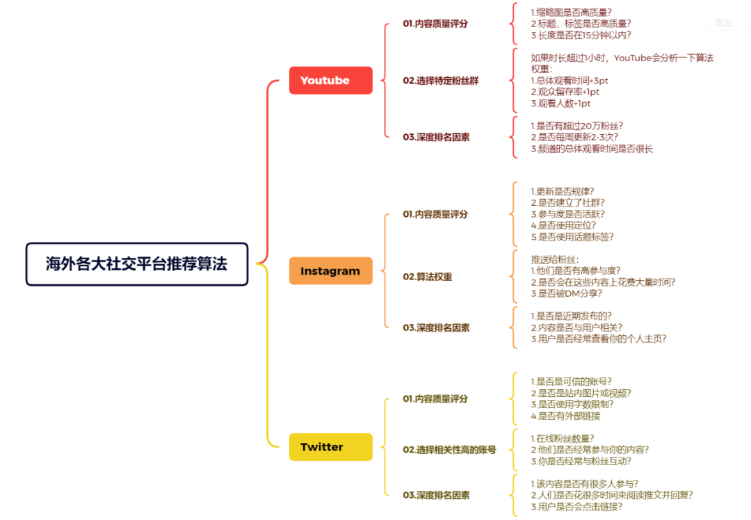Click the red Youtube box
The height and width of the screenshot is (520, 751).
coord(330,81)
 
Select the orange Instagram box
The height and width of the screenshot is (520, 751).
coord(330,271)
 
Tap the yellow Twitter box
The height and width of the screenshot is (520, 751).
coord(330,447)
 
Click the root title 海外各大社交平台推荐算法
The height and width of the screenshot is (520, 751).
coord(137,264)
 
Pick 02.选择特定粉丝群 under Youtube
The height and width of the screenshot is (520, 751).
coord(441,81)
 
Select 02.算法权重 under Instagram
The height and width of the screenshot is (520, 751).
coord(427,277)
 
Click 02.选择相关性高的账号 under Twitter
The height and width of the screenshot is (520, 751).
coord(449,450)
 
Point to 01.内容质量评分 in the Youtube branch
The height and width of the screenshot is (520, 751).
coord(435,24)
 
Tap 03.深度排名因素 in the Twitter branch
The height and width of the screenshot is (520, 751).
coord(436,495)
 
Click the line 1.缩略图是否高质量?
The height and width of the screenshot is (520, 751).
coord(571,13)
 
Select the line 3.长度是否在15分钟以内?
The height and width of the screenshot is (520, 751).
coord(581,35)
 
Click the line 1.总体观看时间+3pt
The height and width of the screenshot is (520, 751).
coord(569,81)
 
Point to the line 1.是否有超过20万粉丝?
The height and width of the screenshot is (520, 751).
coord(576,126)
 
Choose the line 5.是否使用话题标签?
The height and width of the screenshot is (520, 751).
coord(572,236)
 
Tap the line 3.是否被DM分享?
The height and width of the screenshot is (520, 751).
coord(566,293)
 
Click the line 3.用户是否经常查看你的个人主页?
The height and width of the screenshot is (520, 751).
coord(598,339)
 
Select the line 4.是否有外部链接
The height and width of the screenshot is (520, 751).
coord(565,416)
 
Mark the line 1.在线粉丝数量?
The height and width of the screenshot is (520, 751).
coord(563,439)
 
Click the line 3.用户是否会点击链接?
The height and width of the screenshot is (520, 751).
coord(576,507)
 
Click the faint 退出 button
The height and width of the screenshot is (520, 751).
coord(722,22)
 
